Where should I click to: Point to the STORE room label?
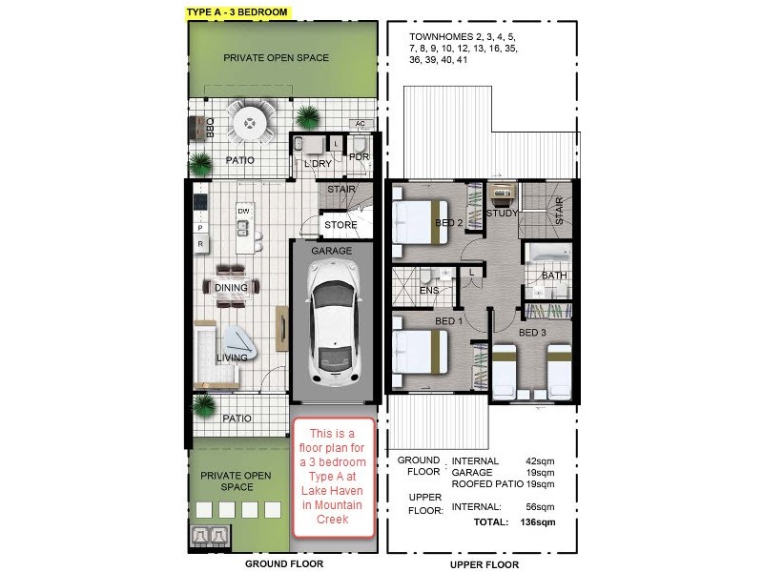340,226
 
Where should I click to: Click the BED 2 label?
449,223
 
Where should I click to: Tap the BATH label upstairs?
554,276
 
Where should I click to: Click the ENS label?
429,290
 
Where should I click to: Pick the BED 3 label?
532,333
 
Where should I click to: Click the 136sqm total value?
537,522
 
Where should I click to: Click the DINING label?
231,288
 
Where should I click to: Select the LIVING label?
232,358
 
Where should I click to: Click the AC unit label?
360,124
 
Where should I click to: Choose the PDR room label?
360,156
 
